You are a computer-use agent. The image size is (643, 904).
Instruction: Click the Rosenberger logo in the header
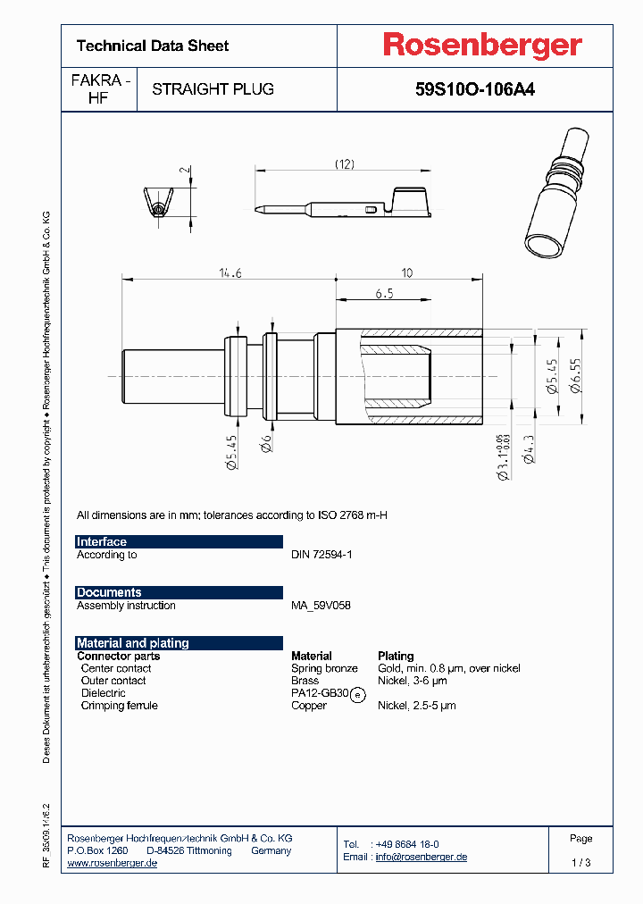482,46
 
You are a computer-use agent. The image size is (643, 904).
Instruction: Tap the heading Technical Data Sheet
153,46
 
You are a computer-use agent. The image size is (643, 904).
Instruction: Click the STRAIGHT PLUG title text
213,89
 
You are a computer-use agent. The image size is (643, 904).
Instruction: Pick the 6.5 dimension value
385,294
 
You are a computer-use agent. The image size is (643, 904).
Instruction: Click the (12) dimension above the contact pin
345,163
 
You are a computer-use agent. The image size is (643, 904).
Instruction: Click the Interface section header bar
179,541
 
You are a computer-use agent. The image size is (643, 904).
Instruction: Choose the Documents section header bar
179,592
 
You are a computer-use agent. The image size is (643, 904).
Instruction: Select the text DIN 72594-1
322,555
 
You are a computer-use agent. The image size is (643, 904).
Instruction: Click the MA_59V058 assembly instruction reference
321,606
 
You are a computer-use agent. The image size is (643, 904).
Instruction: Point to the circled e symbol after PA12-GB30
357,694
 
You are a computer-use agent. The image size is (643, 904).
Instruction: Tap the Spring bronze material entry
324,668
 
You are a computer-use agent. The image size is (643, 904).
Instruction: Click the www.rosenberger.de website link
113,863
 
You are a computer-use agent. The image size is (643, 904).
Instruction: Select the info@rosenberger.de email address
421,857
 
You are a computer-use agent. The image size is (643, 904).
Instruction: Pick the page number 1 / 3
580,863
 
